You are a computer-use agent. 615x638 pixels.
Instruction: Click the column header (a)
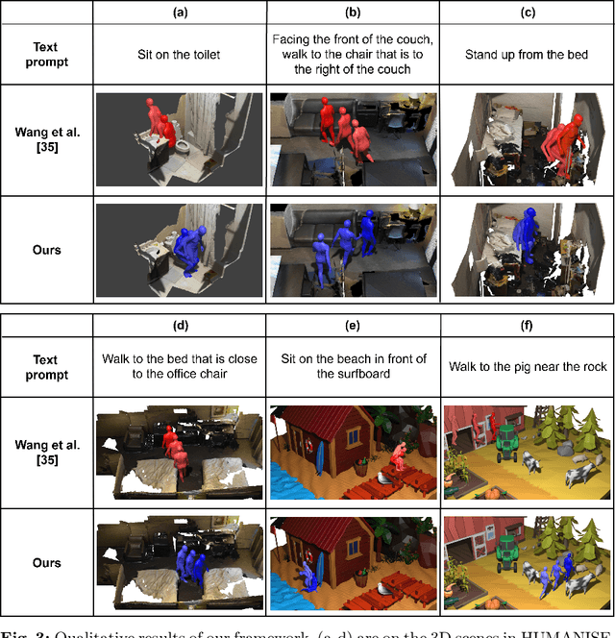pos(180,12)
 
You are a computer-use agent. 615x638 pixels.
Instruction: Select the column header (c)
pos(526,12)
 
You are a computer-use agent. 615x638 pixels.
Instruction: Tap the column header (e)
pos(354,325)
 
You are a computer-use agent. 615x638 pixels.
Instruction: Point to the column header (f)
pos(526,325)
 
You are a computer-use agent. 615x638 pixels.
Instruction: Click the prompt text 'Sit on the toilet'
pos(180,54)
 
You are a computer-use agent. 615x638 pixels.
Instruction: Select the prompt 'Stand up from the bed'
pos(526,54)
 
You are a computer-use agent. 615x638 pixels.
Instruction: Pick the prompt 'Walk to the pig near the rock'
pos(526,367)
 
